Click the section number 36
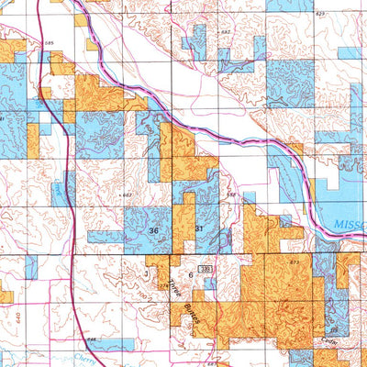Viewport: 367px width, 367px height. [x=154, y=230]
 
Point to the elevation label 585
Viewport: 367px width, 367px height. [x=50, y=42]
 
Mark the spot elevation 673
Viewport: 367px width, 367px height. [x=294, y=263]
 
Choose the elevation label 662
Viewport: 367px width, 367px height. [x=128, y=195]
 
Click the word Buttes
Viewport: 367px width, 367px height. [x=187, y=311]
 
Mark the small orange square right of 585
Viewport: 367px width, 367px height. [x=90, y=44]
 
